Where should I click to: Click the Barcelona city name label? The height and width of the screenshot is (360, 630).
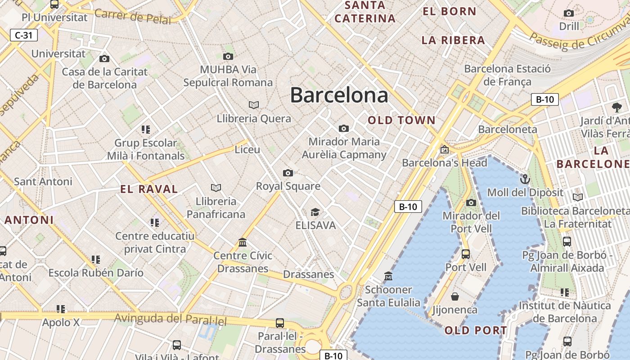click(x=339, y=95)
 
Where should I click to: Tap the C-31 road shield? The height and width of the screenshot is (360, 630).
click(x=23, y=35)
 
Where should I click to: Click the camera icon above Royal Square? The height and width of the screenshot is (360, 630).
click(x=288, y=173)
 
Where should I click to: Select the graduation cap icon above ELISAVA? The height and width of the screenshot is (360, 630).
click(x=315, y=212)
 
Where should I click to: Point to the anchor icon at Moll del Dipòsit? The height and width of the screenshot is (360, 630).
click(x=525, y=179)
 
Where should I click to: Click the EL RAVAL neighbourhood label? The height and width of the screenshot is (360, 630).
click(x=149, y=189)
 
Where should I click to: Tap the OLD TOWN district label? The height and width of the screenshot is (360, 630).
click(x=402, y=120)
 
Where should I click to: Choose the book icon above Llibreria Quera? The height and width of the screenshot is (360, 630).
click(x=254, y=105)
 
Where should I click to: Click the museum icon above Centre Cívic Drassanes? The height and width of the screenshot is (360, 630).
click(x=243, y=243)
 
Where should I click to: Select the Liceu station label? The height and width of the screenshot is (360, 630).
click(x=247, y=149)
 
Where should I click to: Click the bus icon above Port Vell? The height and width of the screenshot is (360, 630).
click(x=466, y=254)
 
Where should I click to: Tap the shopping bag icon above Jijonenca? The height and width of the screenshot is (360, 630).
click(x=455, y=297)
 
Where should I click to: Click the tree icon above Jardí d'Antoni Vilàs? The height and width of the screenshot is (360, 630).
click(x=616, y=107)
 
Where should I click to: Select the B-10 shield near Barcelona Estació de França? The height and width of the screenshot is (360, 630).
click(x=544, y=99)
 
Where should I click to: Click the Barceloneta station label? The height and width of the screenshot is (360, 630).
click(x=508, y=129)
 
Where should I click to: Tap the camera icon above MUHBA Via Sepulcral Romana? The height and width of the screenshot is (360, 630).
click(x=228, y=56)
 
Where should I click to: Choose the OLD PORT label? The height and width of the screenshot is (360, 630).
click(x=476, y=331)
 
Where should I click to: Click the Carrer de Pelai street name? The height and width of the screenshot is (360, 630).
click(x=133, y=16)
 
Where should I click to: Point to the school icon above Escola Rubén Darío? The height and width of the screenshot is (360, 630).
click(x=96, y=259)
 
